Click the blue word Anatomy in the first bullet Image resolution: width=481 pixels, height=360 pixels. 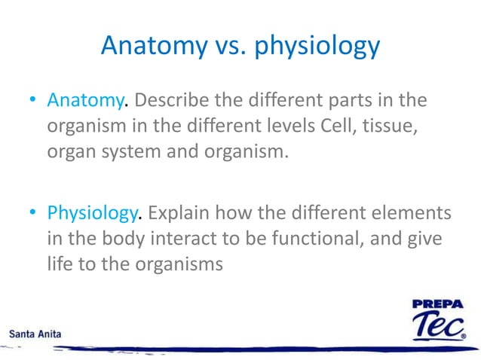coord(84,100)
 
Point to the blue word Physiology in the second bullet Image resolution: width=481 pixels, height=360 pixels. coord(93,214)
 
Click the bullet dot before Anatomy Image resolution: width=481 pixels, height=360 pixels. coord(35,101)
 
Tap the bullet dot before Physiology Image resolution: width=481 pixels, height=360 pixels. coord(35,215)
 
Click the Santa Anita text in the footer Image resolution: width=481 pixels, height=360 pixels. coord(35,332)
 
